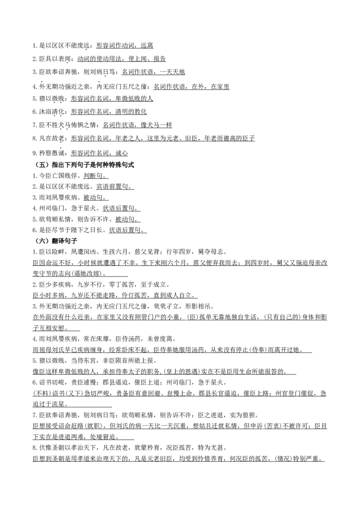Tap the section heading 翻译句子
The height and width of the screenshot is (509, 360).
(64, 241)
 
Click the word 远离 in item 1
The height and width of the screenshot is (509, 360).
(147, 46)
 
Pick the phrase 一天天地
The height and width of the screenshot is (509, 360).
(172, 72)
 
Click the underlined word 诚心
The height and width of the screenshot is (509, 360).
(121, 153)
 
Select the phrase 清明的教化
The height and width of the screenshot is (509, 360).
(131, 112)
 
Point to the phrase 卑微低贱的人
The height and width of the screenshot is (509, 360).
(134, 98)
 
